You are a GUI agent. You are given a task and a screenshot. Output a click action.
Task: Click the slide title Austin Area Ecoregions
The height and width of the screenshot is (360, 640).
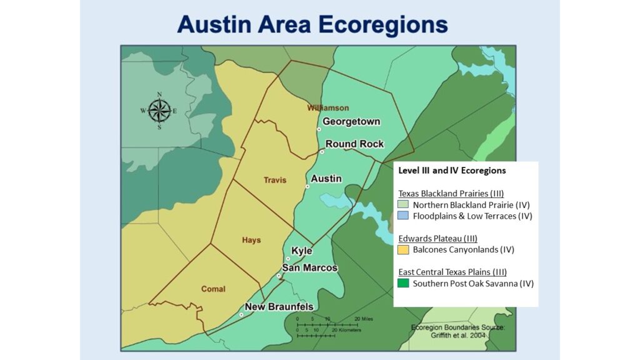[x=312, y=24]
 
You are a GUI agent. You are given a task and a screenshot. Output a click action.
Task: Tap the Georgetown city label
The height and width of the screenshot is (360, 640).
[x=351, y=122]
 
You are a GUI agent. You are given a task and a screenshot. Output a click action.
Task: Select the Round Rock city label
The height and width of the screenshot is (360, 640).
[x=354, y=144]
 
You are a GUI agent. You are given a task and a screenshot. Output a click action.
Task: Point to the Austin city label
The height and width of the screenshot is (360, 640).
[x=326, y=179]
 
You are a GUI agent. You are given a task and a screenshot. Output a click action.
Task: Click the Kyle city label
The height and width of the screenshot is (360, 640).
[x=301, y=251]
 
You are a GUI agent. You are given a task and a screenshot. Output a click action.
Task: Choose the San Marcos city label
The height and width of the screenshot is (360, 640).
[x=309, y=267]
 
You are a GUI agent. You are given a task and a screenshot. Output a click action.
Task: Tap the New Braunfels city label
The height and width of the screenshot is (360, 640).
[x=279, y=307]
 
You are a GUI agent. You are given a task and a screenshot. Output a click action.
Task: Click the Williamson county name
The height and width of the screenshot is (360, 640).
[x=328, y=108]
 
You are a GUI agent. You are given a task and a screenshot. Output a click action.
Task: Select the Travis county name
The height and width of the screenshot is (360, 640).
[x=274, y=180]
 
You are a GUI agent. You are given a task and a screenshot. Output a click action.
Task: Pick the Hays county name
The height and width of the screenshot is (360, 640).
[x=251, y=240]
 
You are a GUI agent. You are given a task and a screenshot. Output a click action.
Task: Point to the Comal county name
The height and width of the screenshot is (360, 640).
[x=213, y=289]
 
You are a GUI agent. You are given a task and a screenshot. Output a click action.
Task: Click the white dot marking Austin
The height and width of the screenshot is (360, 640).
[x=307, y=186]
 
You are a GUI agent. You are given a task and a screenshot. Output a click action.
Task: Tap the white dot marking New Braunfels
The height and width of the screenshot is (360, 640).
[x=241, y=314]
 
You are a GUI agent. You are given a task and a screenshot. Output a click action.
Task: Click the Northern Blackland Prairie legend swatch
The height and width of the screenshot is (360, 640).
[x=403, y=205]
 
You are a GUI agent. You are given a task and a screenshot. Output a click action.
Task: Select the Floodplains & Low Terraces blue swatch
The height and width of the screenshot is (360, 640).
[x=403, y=216]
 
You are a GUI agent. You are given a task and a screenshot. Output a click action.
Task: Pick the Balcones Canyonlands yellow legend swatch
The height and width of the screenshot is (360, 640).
[x=403, y=250]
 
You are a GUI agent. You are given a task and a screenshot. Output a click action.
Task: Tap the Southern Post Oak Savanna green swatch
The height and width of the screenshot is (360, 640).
[x=403, y=284]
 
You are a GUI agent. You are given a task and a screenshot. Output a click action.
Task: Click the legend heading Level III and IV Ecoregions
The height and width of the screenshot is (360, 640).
[x=452, y=171]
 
